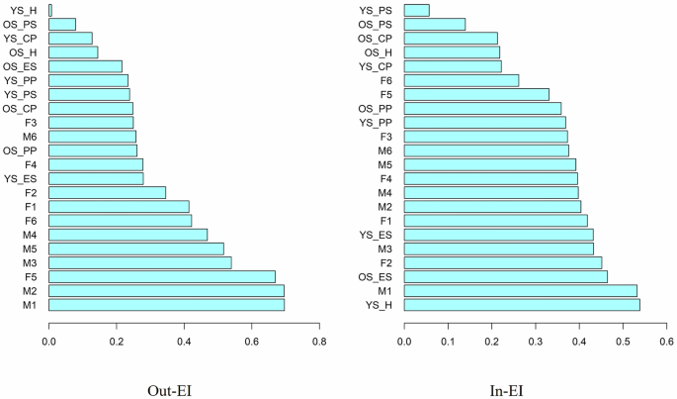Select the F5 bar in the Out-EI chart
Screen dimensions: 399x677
point(162,276)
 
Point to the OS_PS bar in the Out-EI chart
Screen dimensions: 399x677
point(62,24)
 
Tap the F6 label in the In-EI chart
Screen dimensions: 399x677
point(385,80)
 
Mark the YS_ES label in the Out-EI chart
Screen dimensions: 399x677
point(21,178)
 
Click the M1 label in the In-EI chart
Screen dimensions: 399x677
point(384,291)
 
